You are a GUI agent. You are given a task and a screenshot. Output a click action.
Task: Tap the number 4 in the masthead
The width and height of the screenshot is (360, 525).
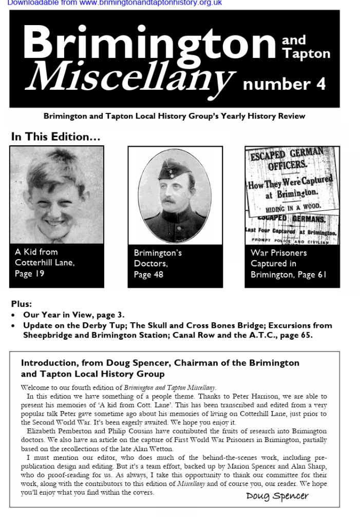click(x=320, y=84)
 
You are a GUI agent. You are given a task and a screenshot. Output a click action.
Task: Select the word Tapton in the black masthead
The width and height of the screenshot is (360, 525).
click(x=306, y=53)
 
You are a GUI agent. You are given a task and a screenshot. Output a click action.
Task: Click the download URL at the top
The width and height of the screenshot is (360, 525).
click(x=115, y=3)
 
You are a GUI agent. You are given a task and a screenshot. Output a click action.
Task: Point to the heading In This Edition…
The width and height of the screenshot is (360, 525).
click(x=55, y=137)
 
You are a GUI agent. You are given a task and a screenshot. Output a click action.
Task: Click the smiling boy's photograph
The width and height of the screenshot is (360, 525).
click(x=56, y=196)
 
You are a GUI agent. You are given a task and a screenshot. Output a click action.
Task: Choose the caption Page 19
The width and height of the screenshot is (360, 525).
click(x=29, y=274)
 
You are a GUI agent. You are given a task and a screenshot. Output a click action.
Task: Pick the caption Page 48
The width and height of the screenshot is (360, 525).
click(x=148, y=275)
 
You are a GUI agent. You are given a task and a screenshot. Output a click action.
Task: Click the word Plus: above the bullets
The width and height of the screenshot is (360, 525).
click(x=21, y=304)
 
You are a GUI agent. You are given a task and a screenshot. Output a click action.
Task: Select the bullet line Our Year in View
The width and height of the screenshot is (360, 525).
click(x=74, y=315)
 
